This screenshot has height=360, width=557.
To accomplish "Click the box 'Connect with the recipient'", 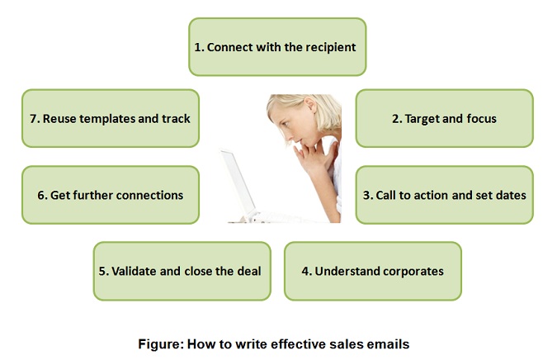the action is pos(277,47).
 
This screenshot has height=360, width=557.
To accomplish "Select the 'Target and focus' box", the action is pos(445,118).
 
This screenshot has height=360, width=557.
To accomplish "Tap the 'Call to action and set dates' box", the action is pos(445,195).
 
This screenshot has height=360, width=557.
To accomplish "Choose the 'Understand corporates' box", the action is pos(373,271).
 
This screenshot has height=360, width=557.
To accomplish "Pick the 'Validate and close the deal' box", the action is pos(182,271).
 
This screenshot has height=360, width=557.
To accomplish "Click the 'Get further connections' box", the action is pos(111,195).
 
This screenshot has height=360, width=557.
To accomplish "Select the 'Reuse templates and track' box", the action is pos(111,118).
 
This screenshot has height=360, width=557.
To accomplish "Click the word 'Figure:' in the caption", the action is pos(161,344).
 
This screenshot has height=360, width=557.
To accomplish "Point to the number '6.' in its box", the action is pos(42,195).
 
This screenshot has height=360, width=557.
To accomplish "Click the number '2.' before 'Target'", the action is pos(397,119).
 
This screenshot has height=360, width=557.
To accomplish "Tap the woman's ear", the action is pos(310,106).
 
